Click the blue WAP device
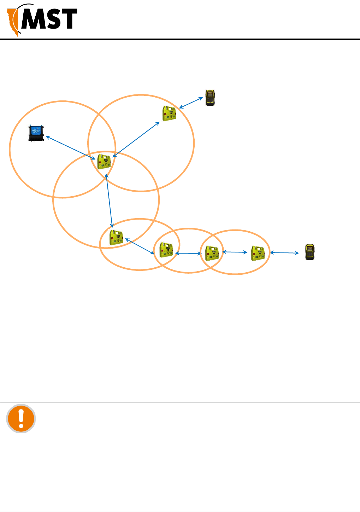coord(36,133)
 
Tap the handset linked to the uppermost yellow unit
coord(210,98)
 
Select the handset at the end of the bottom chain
coord(310,252)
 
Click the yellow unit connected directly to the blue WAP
coord(104,162)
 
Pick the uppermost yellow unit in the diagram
coord(169,114)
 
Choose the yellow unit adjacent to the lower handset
coord(258,253)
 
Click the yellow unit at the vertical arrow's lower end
coord(116,238)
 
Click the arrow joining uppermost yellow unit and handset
coord(191,103)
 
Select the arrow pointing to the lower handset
coord(284,252)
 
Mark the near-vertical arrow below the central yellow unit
coord(109,200)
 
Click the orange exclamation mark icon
coord(21,418)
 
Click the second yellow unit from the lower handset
coord(212,253)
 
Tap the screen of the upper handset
coord(210,95)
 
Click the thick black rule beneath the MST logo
coord(180,39)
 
